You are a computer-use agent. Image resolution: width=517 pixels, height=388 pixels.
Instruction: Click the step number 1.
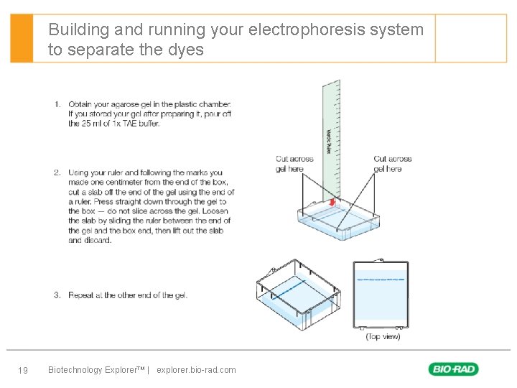(57, 105)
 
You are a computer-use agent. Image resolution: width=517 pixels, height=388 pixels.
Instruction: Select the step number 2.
(57, 172)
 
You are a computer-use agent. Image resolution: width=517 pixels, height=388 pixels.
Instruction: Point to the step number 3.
(57, 295)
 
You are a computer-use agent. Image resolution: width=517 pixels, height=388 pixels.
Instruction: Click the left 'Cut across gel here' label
(294, 164)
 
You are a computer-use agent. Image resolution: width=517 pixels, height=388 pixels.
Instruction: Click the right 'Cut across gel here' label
(392, 164)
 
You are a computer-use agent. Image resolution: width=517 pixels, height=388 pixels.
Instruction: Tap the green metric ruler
(332, 129)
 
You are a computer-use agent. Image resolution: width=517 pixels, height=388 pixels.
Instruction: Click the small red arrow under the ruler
(332, 203)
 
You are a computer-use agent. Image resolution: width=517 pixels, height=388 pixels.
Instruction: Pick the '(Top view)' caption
(383, 336)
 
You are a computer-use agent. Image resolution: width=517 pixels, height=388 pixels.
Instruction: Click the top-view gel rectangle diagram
(381, 295)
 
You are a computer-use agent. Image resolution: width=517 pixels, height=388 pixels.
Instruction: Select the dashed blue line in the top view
(381, 279)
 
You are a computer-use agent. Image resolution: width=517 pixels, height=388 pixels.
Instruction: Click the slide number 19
(22, 370)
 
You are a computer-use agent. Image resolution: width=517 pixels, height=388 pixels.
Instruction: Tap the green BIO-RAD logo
(453, 369)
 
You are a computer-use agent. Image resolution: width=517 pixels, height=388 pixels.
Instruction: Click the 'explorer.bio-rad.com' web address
(196, 370)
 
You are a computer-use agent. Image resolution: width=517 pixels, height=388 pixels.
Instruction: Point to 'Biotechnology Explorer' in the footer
(96, 370)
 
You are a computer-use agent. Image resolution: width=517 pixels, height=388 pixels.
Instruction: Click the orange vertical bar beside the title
(22, 38)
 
